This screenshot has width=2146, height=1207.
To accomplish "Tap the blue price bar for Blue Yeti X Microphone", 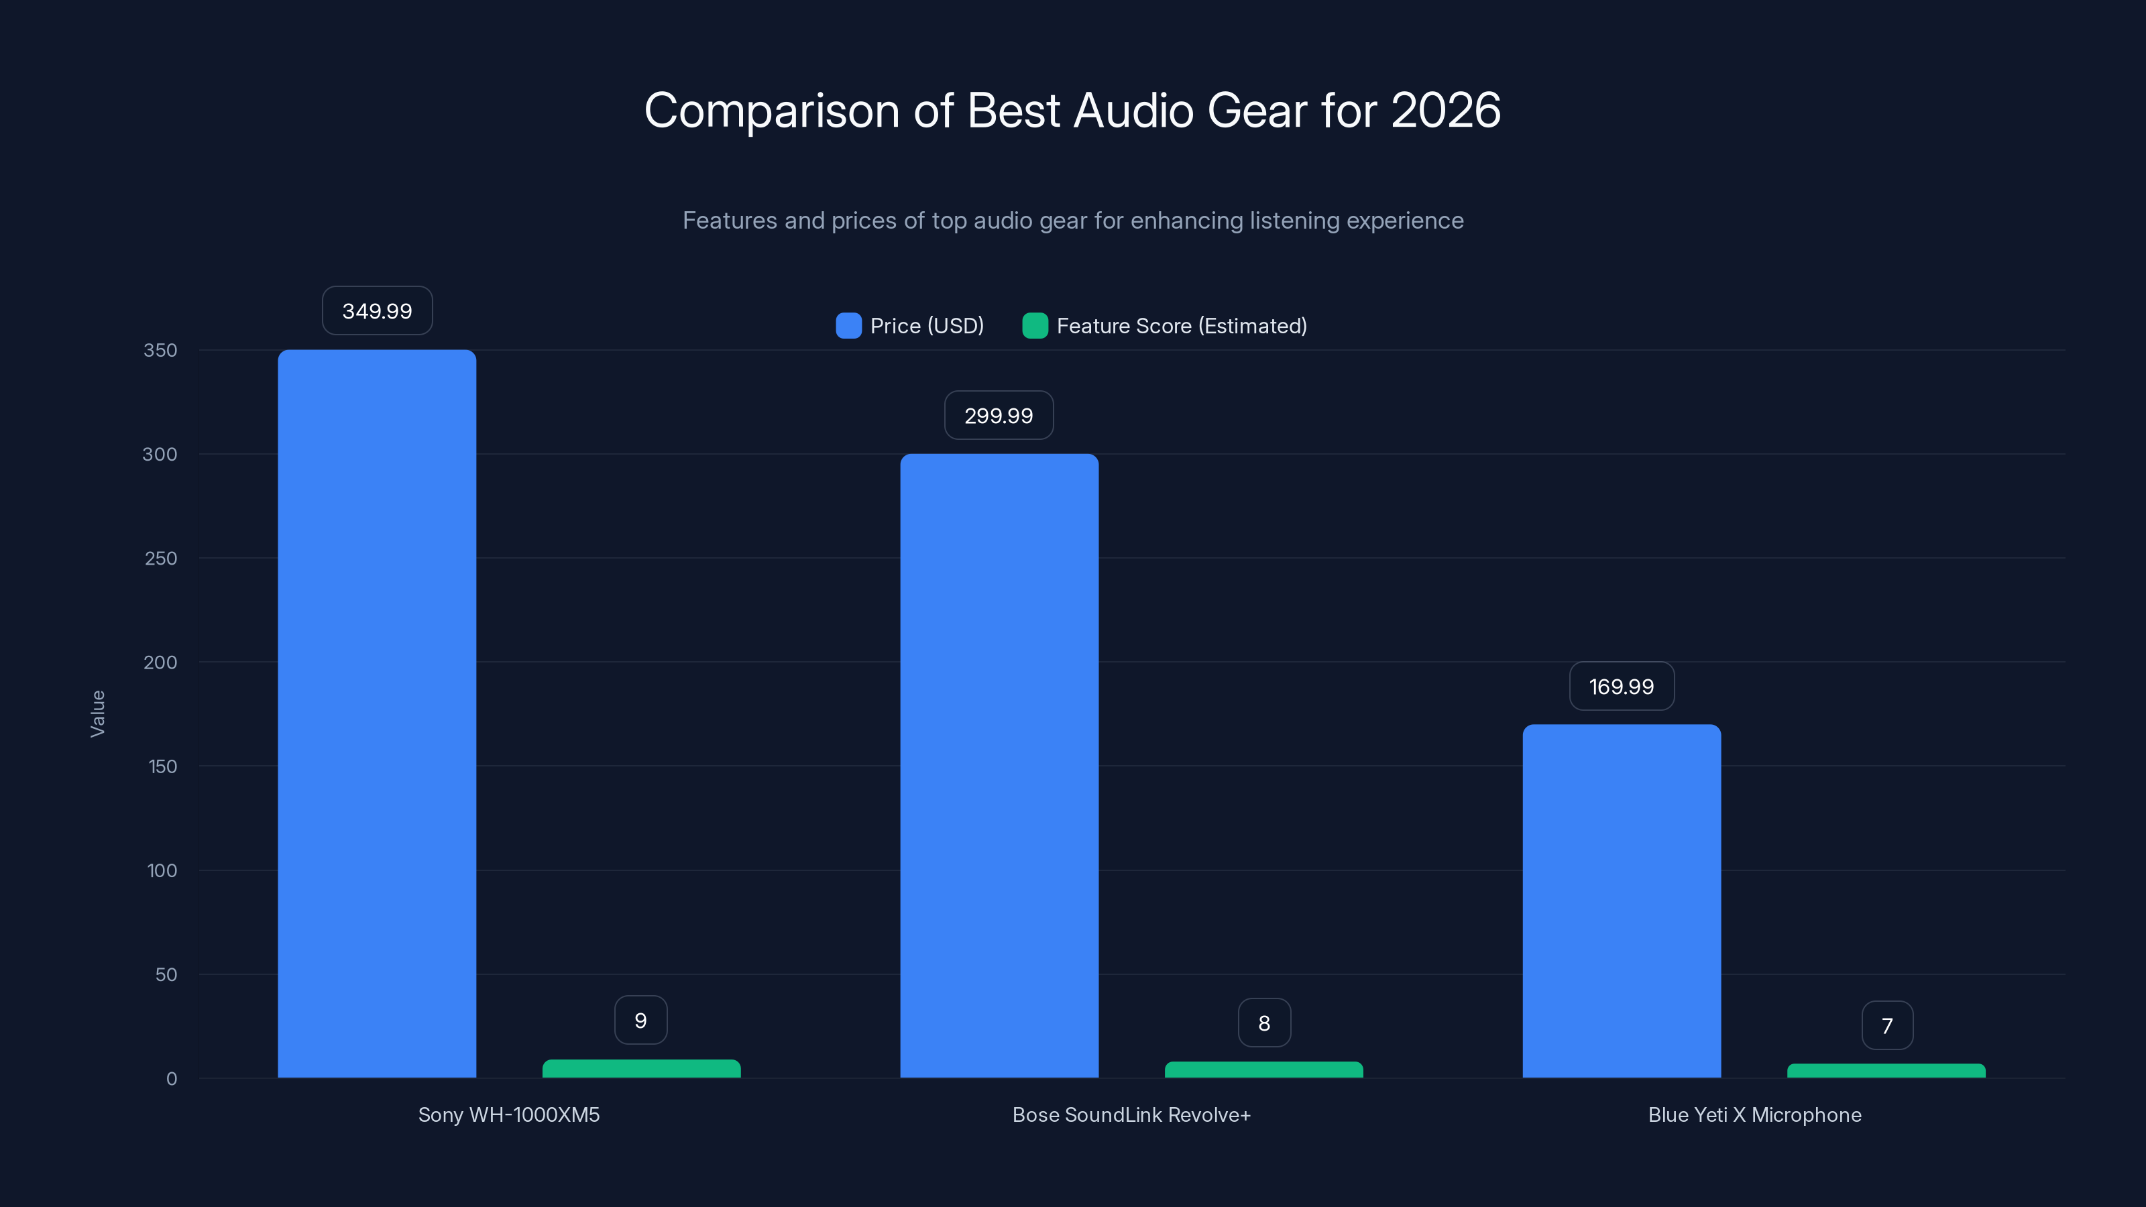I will [1621, 901].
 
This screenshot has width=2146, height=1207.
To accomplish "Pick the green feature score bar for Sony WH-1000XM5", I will [640, 1069].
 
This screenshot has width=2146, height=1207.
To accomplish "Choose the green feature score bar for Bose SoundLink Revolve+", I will [1263, 1070].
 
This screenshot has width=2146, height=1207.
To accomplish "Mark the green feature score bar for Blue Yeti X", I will [1886, 1072].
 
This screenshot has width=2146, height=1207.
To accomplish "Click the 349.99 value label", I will [376, 310].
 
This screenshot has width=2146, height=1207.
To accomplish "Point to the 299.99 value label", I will [998, 415].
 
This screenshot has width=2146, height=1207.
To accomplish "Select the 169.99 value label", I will [1621, 687].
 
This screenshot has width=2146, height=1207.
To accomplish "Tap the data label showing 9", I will [640, 1021].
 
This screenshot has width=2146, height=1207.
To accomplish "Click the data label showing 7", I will [1887, 1025].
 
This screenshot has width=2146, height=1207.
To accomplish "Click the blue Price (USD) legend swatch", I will [848, 326].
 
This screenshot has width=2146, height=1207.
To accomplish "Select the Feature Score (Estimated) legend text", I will [1181, 326].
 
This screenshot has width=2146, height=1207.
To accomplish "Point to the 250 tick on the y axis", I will [161, 558].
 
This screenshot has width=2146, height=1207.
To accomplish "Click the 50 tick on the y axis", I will [166, 974].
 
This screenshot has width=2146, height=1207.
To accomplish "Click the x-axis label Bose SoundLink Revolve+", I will [1131, 1114].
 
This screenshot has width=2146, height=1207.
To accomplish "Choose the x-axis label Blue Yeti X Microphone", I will [1754, 1114].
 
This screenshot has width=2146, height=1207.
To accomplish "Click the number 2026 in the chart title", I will [1445, 111].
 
